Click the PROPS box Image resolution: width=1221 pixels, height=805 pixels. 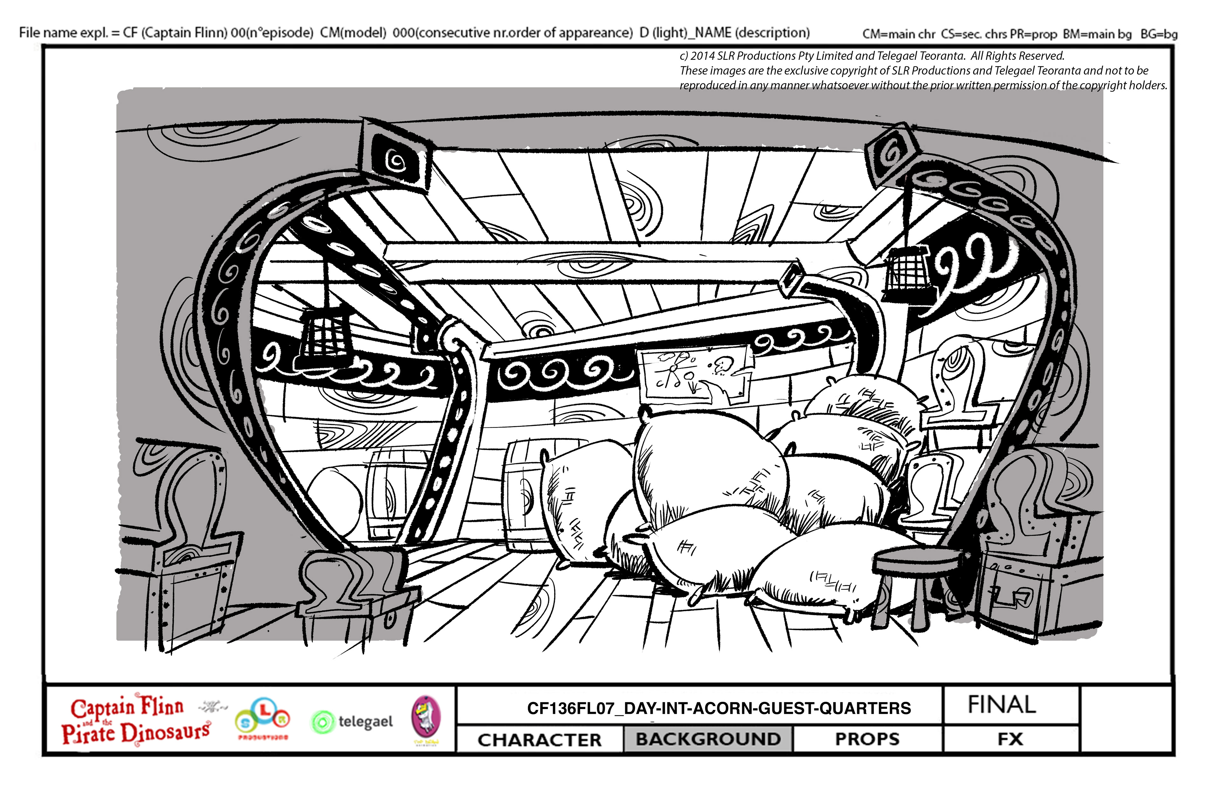(867, 739)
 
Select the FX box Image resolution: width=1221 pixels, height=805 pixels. (1010, 739)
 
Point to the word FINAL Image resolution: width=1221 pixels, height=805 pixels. (1002, 705)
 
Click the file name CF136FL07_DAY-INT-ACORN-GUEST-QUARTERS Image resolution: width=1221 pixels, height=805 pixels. (719, 708)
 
